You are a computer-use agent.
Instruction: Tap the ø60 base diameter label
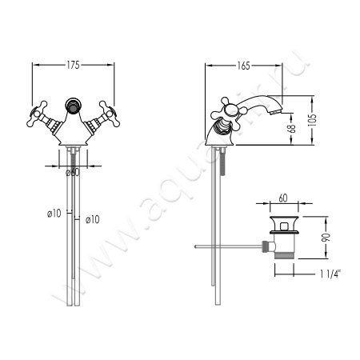pyautogui.click(x=73, y=172)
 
